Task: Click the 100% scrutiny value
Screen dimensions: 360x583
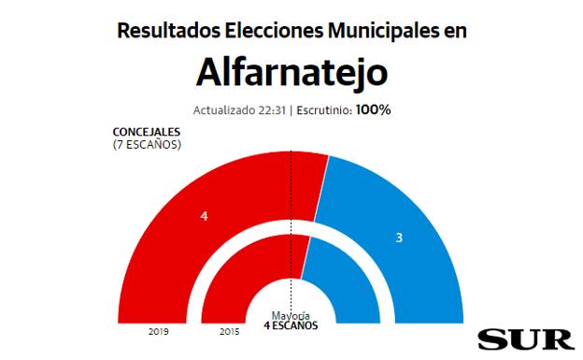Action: coord(372,109)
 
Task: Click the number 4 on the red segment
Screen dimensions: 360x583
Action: coord(204,216)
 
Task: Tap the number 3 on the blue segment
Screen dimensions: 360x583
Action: coord(399,238)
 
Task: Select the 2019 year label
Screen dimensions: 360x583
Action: coord(159,331)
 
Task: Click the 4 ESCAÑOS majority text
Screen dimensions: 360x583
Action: coord(291,325)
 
